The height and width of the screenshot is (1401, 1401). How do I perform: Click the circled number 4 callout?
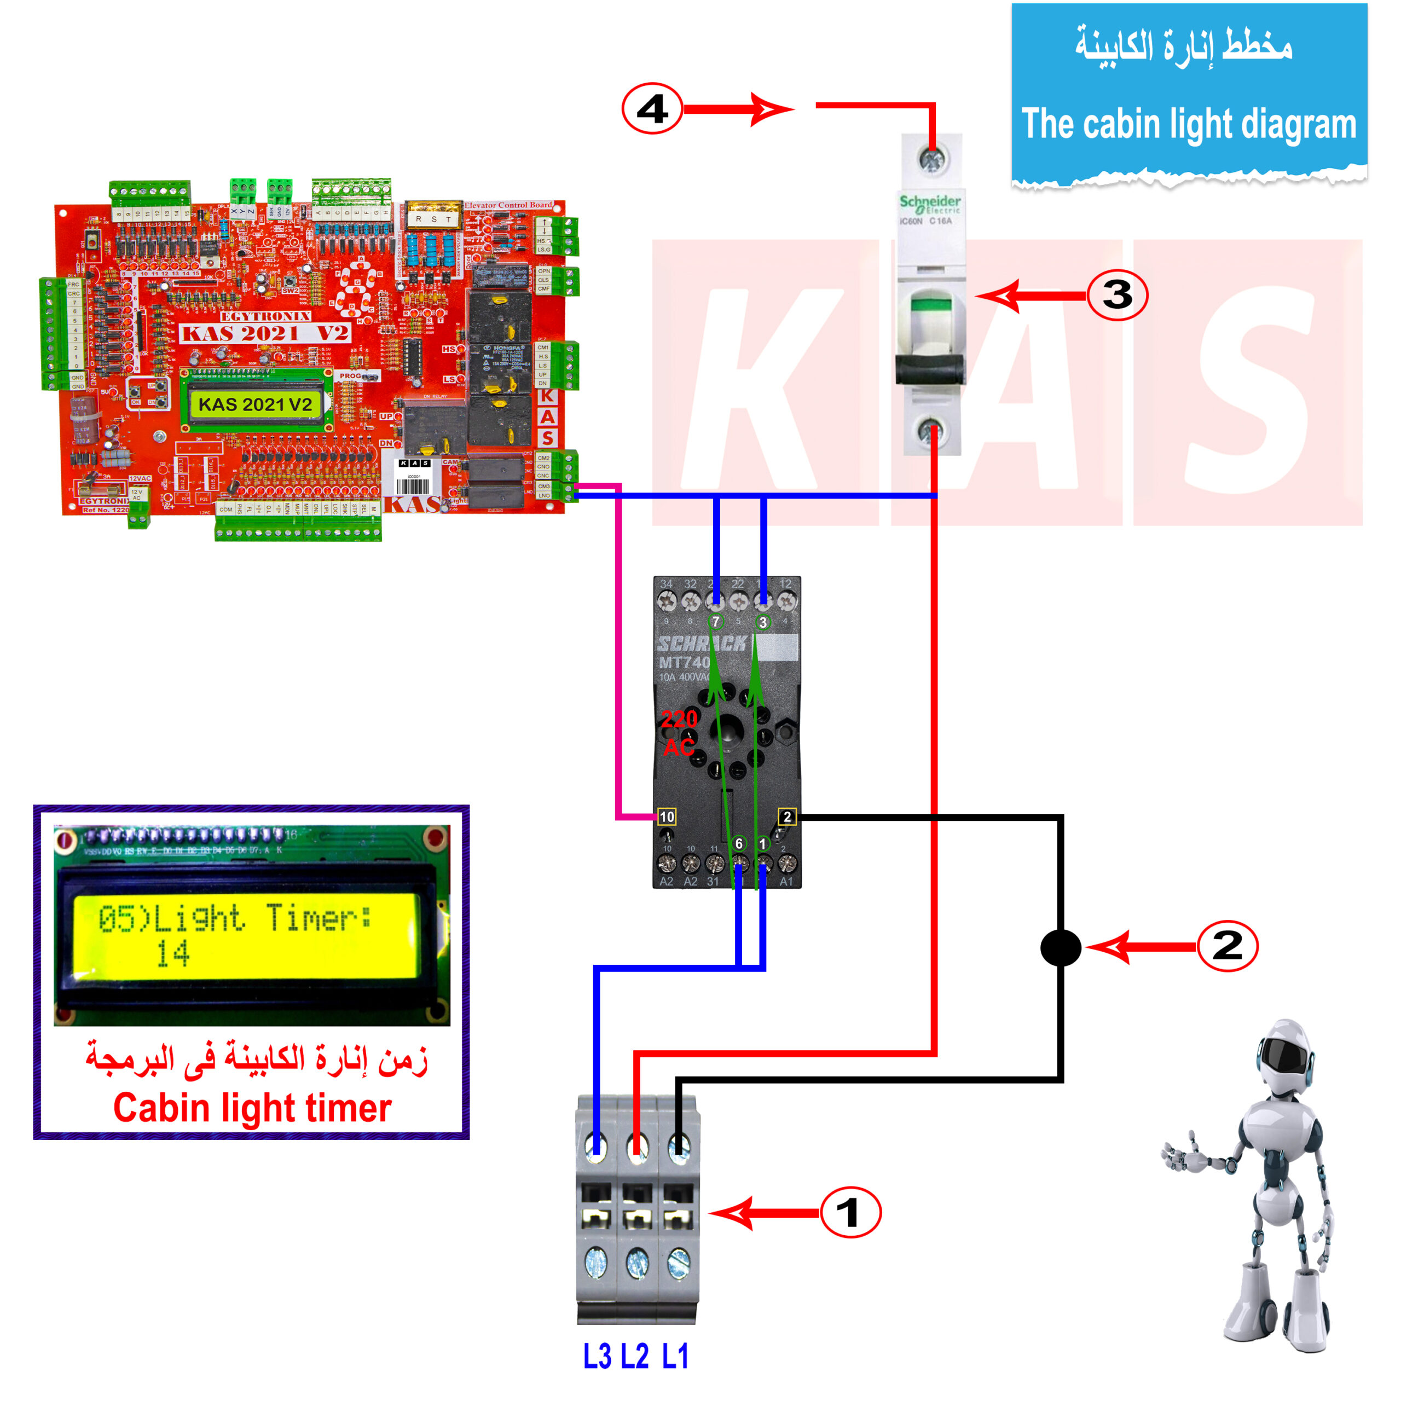click(x=652, y=109)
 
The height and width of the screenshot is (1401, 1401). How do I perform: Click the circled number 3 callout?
click(x=1117, y=295)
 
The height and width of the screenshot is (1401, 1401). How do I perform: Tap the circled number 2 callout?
click(x=1227, y=946)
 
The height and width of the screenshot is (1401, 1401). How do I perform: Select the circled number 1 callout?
click(x=850, y=1212)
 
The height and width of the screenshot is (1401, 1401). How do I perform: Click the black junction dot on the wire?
click(x=1060, y=948)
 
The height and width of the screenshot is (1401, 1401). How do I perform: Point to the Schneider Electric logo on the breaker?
click(x=930, y=202)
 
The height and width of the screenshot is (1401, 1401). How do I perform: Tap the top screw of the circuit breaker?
click(x=930, y=158)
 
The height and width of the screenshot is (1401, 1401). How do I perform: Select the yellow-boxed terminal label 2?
click(x=787, y=817)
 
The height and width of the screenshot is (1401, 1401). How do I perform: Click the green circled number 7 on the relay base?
click(x=716, y=622)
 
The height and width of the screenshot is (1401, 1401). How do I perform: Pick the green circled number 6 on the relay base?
click(x=738, y=843)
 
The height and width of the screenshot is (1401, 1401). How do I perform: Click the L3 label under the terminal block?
click(x=597, y=1356)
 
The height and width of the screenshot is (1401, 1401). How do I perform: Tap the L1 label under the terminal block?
click(x=675, y=1356)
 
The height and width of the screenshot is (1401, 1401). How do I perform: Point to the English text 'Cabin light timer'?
click(x=252, y=1108)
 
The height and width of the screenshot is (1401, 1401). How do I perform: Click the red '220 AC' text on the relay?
click(x=680, y=732)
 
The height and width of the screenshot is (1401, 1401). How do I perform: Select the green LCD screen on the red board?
click(x=255, y=404)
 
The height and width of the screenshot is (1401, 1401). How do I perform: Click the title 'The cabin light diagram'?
click(x=1189, y=124)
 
